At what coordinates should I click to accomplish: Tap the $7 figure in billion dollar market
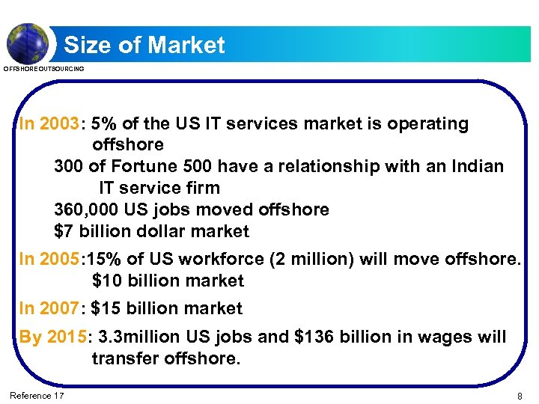pos(63,232)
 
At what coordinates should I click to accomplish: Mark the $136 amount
pos(313,337)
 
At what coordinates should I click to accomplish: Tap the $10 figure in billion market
pos(106,281)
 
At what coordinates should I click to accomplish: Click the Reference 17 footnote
pos(37,395)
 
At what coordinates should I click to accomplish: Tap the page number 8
pos(520,395)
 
